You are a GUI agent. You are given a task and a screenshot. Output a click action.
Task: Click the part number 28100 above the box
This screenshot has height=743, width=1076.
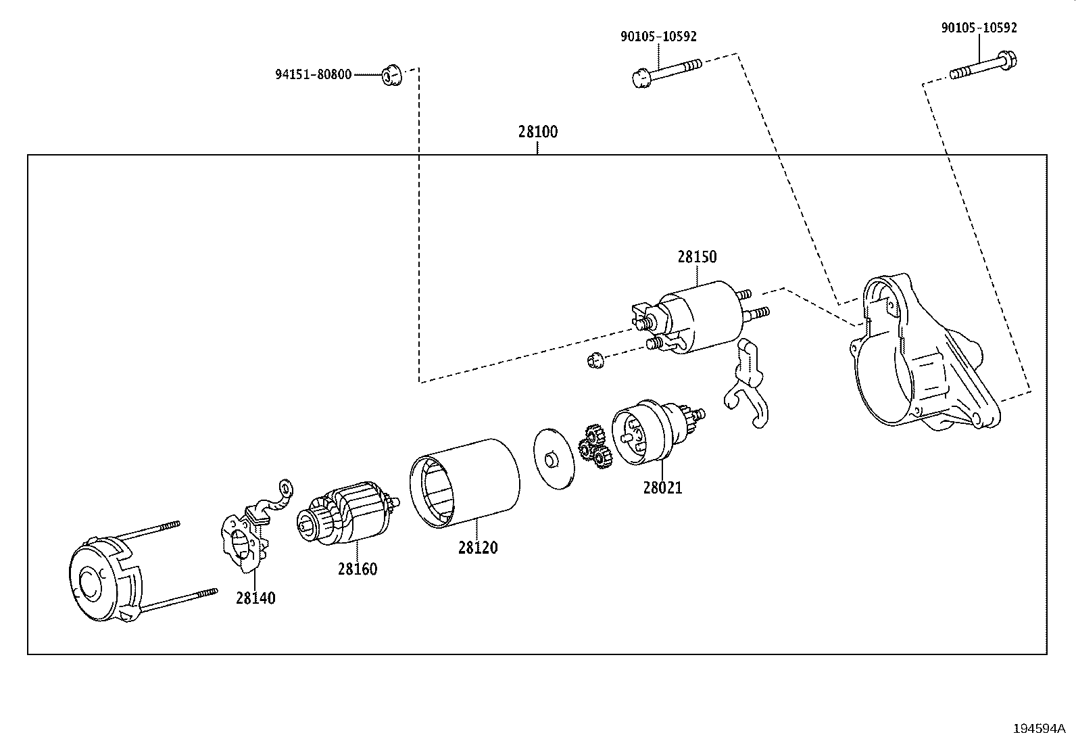point(538,132)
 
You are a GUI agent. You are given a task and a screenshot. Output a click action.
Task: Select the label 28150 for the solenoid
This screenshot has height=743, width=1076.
point(697,257)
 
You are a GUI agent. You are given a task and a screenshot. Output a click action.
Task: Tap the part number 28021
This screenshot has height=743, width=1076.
point(662,487)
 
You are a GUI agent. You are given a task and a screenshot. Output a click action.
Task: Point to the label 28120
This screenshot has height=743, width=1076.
point(478,548)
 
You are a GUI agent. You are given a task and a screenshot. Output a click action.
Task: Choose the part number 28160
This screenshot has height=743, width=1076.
point(358,569)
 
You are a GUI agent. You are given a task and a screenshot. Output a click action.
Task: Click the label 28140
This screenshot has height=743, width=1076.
point(255,598)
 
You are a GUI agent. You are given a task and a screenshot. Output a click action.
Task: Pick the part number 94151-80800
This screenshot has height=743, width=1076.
point(313,74)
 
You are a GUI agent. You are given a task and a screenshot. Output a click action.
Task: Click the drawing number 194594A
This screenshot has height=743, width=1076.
point(1038,729)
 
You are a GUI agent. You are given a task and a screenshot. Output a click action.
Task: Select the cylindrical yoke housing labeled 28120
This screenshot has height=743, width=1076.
point(465,481)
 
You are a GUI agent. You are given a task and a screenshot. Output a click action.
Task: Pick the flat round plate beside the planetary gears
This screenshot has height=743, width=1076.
point(554,458)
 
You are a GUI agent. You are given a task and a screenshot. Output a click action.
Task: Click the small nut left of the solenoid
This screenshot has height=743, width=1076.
point(595,360)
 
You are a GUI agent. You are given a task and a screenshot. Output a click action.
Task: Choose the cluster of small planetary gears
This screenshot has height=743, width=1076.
point(593,447)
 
